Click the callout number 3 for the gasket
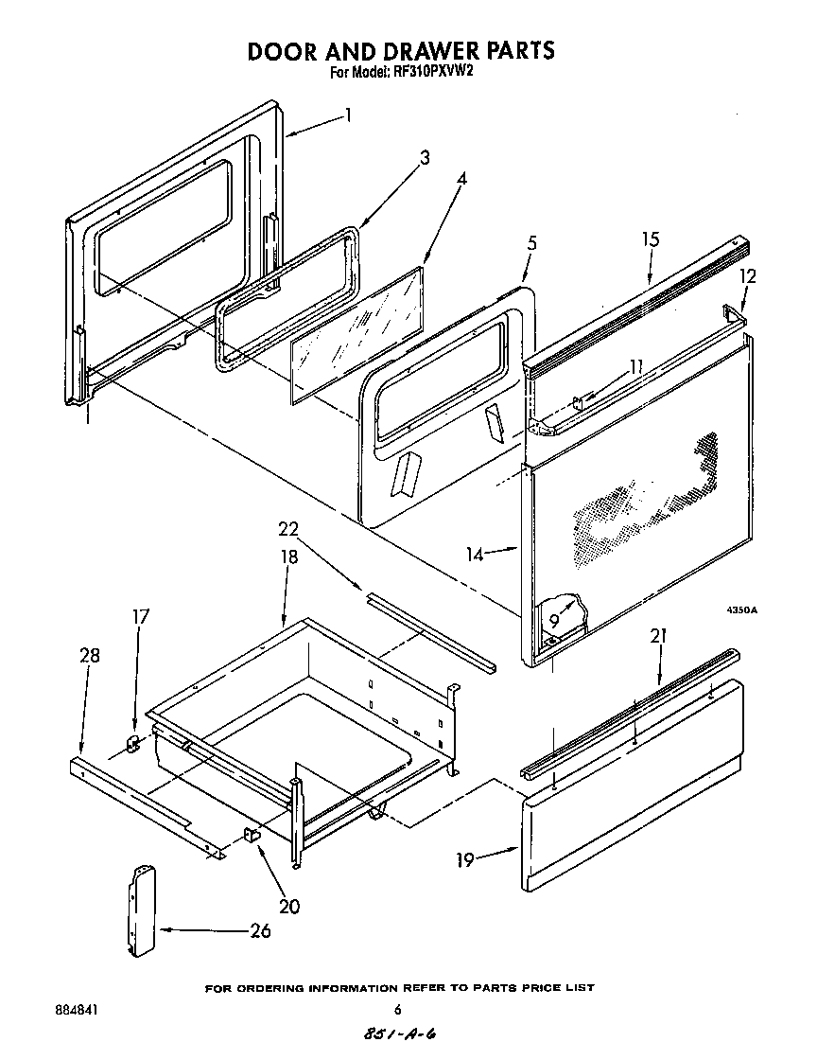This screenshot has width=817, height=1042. click(425, 158)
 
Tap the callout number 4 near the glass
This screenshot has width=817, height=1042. click(461, 178)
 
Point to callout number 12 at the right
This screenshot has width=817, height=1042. click(747, 276)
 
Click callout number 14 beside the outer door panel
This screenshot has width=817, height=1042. click(476, 554)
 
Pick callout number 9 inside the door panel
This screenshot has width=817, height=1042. click(553, 620)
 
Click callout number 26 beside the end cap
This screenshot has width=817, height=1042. click(259, 930)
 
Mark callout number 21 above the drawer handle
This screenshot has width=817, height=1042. click(658, 636)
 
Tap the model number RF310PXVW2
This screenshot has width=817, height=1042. click(431, 72)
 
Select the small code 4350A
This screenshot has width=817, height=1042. click(742, 610)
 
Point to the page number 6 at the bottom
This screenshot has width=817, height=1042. click(398, 1009)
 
